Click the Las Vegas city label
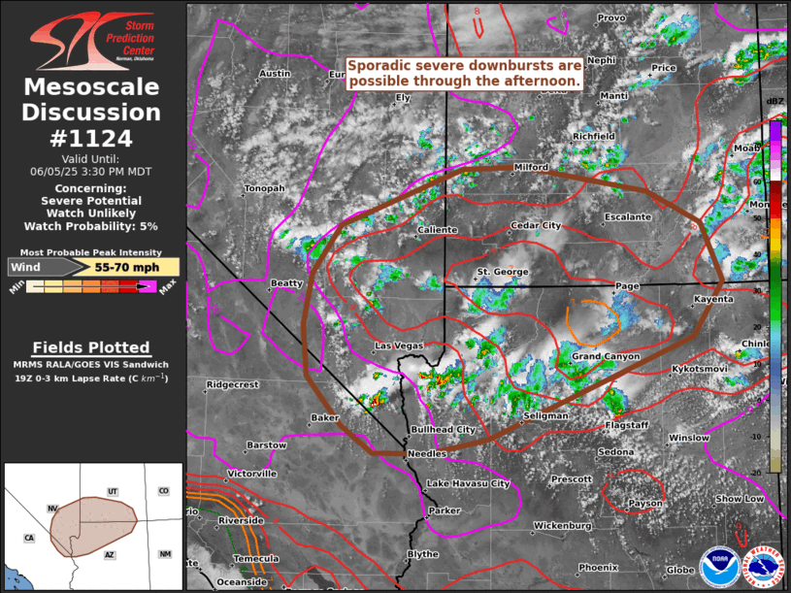[x=399, y=346]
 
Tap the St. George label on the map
[x=502, y=272]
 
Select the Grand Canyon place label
[x=606, y=357]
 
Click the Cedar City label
[x=536, y=226]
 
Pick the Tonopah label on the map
[x=264, y=188]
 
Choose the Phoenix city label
[x=598, y=567]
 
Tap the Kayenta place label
[x=713, y=299]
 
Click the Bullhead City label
[x=443, y=429]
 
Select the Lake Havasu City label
[x=468, y=483]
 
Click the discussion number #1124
[x=90, y=138]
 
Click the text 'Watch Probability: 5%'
[x=90, y=226]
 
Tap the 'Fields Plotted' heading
[x=91, y=347]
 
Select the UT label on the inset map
[x=113, y=491]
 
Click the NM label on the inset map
[x=165, y=554]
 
